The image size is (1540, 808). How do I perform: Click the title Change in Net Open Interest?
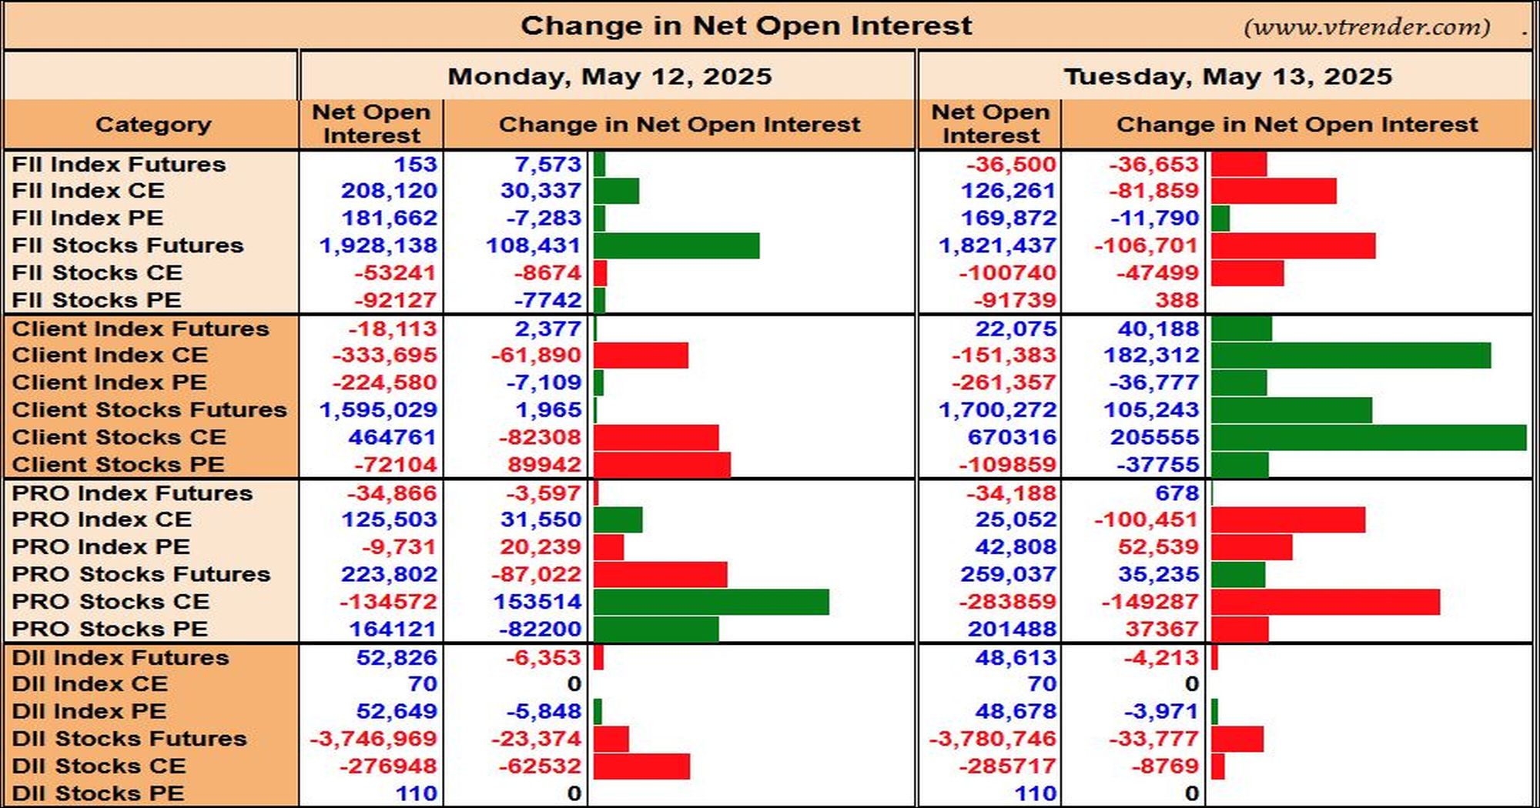pyautogui.click(x=746, y=26)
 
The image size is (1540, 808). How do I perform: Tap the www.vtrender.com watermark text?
pyautogui.click(x=1367, y=27)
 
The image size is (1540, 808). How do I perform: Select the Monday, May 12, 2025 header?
pyautogui.click(x=610, y=76)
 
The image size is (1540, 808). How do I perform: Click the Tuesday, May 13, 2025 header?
pyautogui.click(x=1228, y=76)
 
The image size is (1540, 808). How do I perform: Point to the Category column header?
pyautogui.click(x=153, y=125)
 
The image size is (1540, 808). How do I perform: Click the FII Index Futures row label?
pyautogui.click(x=119, y=164)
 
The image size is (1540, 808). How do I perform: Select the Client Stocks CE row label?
pyautogui.click(x=119, y=437)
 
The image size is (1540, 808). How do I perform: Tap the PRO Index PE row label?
pyautogui.click(x=101, y=546)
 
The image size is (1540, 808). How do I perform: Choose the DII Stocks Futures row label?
pyautogui.click(x=129, y=739)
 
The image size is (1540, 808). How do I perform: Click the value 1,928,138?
pyautogui.click(x=378, y=245)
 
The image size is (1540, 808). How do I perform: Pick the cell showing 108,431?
pyautogui.click(x=534, y=245)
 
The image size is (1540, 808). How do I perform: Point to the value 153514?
pyautogui.click(x=537, y=602)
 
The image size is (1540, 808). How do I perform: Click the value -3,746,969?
pyautogui.click(x=373, y=739)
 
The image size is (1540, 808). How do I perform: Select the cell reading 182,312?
pyautogui.click(x=1152, y=356)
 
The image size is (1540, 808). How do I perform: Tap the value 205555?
pyautogui.click(x=1155, y=437)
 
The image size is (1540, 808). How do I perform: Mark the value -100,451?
pyautogui.click(x=1147, y=519)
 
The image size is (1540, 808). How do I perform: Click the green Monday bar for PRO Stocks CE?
pyautogui.click(x=711, y=602)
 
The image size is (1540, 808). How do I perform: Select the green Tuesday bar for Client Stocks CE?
pyautogui.click(x=1368, y=437)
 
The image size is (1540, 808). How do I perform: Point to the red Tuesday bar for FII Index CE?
pyautogui.click(x=1274, y=191)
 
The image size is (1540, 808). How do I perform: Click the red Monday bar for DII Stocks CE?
pyautogui.click(x=641, y=766)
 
